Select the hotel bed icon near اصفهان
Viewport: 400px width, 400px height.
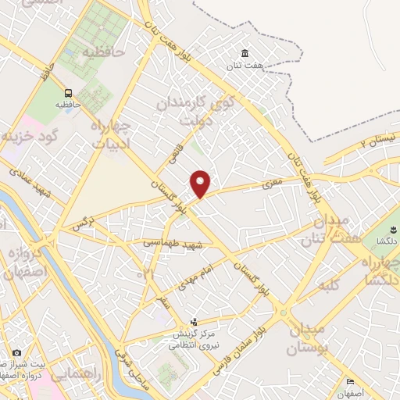350,382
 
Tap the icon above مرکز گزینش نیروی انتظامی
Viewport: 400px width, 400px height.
195,322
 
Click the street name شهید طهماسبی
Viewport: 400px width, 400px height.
173,244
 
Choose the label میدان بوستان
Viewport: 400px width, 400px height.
311,337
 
